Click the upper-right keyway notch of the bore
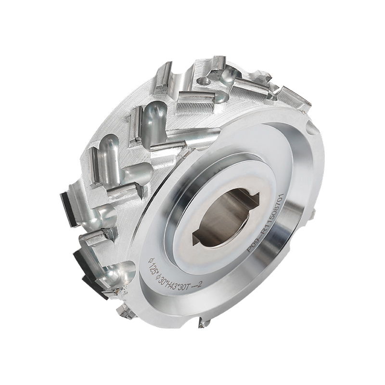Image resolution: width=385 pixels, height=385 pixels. tap(252, 198)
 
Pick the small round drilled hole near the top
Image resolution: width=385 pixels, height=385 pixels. tap(204, 81)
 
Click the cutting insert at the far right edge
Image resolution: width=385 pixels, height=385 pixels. tap(294, 98)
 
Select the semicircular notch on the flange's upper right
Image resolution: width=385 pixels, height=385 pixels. tap(311, 128)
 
